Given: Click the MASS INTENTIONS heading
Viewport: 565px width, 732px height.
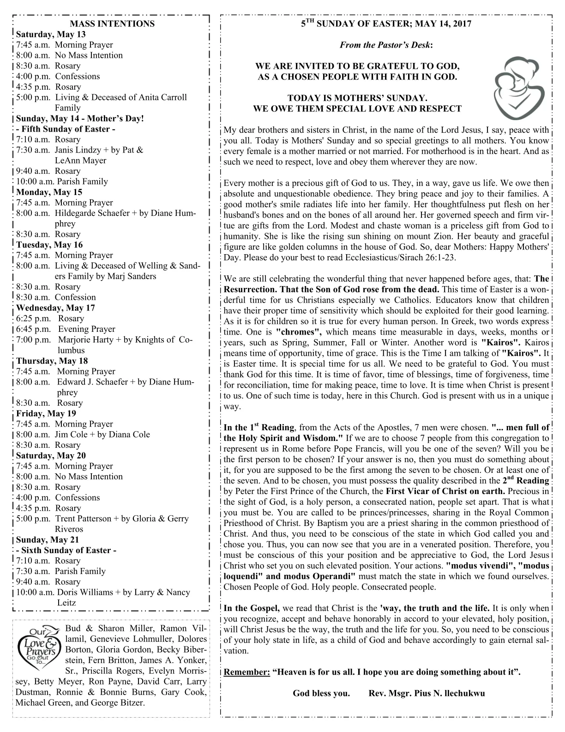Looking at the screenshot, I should tap(112, 24).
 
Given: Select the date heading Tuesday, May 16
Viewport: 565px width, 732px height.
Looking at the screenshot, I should tap(49, 244).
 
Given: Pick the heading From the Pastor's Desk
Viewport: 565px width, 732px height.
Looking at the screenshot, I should tap(386, 45).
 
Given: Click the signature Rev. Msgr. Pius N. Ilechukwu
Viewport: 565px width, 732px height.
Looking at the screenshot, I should tap(427, 693).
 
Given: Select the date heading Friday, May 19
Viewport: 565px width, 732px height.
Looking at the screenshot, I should tap(46, 413).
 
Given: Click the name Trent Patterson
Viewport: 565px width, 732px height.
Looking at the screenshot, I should tap(85, 518).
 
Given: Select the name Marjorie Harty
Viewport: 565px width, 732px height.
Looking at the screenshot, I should tap(86, 340).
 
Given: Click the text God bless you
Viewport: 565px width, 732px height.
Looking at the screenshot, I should tap(321, 693).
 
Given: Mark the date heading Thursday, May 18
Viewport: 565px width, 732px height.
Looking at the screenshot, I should tap(52, 360).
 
